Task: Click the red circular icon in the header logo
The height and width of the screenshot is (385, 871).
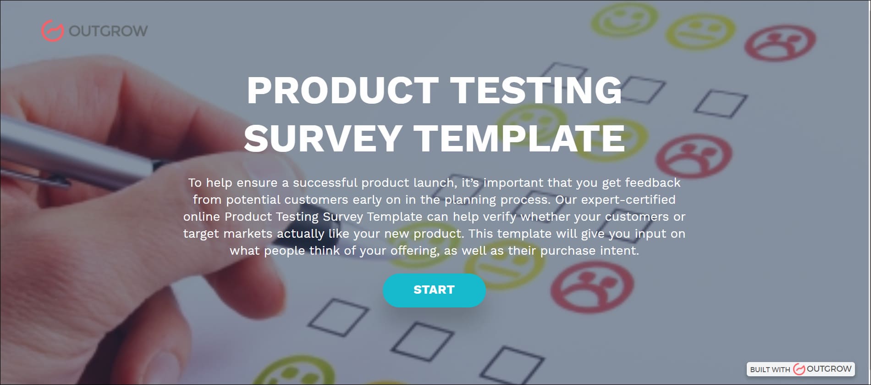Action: tap(52, 31)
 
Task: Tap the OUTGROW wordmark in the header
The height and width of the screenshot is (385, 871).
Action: tap(108, 31)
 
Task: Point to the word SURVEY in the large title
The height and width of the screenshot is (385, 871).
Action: tap(323, 138)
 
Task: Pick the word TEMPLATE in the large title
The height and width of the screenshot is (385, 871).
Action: tap(519, 138)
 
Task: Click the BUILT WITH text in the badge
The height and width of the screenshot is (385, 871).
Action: tap(770, 369)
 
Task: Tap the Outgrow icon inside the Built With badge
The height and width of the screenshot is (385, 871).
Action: tap(799, 369)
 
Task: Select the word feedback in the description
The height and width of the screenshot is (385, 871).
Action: tap(653, 183)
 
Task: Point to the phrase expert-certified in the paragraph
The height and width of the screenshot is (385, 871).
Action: tap(628, 200)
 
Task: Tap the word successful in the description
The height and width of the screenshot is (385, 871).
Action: tap(325, 183)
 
